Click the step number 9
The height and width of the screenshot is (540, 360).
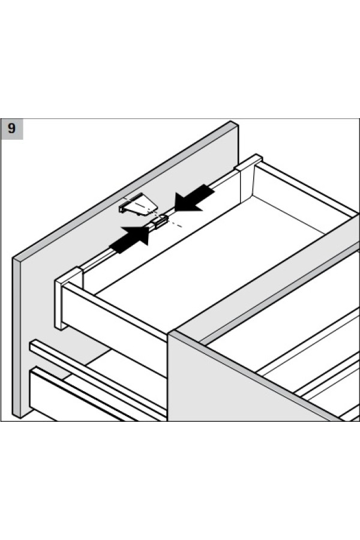tap(12, 129)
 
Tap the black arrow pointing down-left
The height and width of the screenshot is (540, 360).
tap(194, 197)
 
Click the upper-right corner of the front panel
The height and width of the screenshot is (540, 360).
tap(238, 125)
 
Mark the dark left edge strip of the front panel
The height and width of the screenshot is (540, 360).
tap(17, 337)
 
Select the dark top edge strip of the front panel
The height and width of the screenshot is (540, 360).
tap(126, 190)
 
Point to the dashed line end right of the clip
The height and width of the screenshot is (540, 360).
tap(182, 227)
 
